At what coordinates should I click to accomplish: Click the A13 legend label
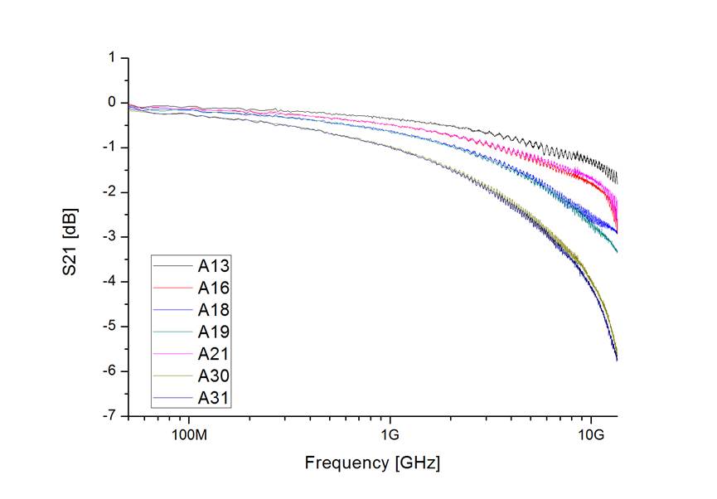click(213, 266)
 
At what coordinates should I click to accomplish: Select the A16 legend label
click(213, 288)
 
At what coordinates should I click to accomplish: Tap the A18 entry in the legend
click(213, 310)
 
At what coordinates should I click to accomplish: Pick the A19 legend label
click(213, 332)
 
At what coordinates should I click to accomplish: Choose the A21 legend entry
click(213, 354)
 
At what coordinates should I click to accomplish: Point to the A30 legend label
click(213, 375)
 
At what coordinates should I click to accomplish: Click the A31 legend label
click(213, 398)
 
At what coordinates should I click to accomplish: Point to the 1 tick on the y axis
click(111, 58)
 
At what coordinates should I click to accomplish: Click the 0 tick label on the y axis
click(111, 103)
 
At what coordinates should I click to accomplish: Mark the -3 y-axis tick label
click(109, 237)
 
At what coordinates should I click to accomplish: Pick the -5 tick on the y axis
click(109, 327)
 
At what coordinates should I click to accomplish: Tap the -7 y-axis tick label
click(109, 416)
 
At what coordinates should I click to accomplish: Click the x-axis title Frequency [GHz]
click(372, 463)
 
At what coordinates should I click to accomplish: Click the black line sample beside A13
click(172, 266)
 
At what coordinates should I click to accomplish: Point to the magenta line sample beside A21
click(172, 354)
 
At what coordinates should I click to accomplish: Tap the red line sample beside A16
click(172, 288)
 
